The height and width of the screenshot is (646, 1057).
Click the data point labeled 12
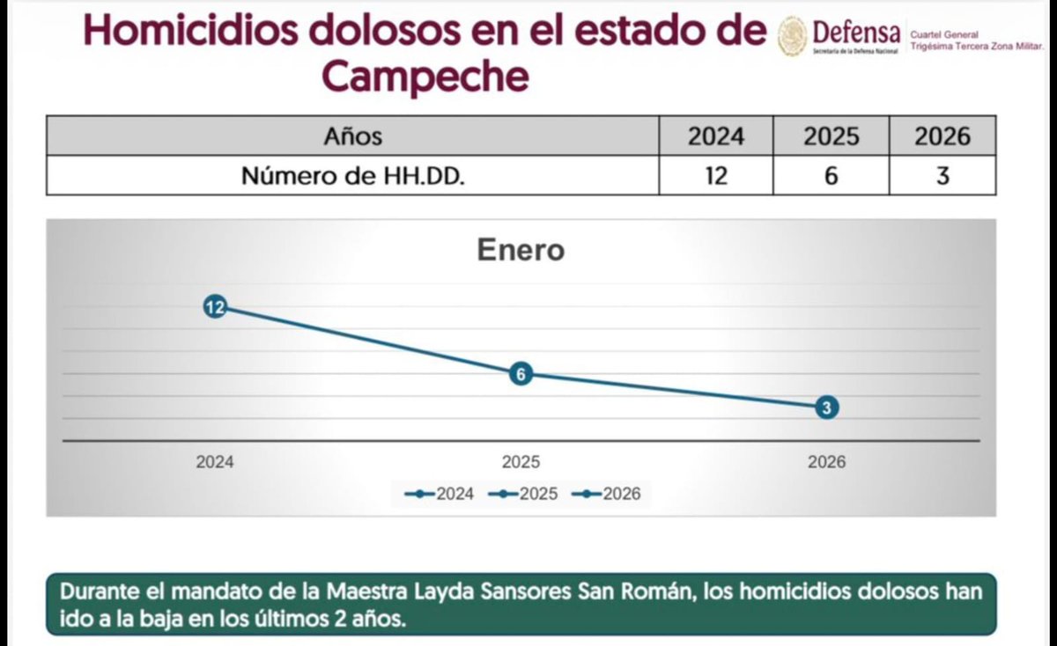215,307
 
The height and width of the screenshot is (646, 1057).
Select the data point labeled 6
521,374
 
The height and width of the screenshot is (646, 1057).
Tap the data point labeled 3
826,407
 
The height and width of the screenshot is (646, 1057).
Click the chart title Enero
521,250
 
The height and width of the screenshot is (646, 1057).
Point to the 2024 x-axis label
215,462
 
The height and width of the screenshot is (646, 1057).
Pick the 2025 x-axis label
521,462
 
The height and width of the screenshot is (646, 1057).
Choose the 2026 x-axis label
826,462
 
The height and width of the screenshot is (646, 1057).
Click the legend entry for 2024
440,494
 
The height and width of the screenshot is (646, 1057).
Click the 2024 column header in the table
715,136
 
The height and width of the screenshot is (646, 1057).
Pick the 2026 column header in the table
942,136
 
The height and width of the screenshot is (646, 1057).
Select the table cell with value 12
715,176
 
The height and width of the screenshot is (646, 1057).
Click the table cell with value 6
831,176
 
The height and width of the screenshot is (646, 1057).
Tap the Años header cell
352,136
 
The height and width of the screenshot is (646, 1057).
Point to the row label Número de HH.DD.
352,176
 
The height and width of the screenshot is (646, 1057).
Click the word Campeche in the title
425,77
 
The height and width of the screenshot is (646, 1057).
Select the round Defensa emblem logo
792,36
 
